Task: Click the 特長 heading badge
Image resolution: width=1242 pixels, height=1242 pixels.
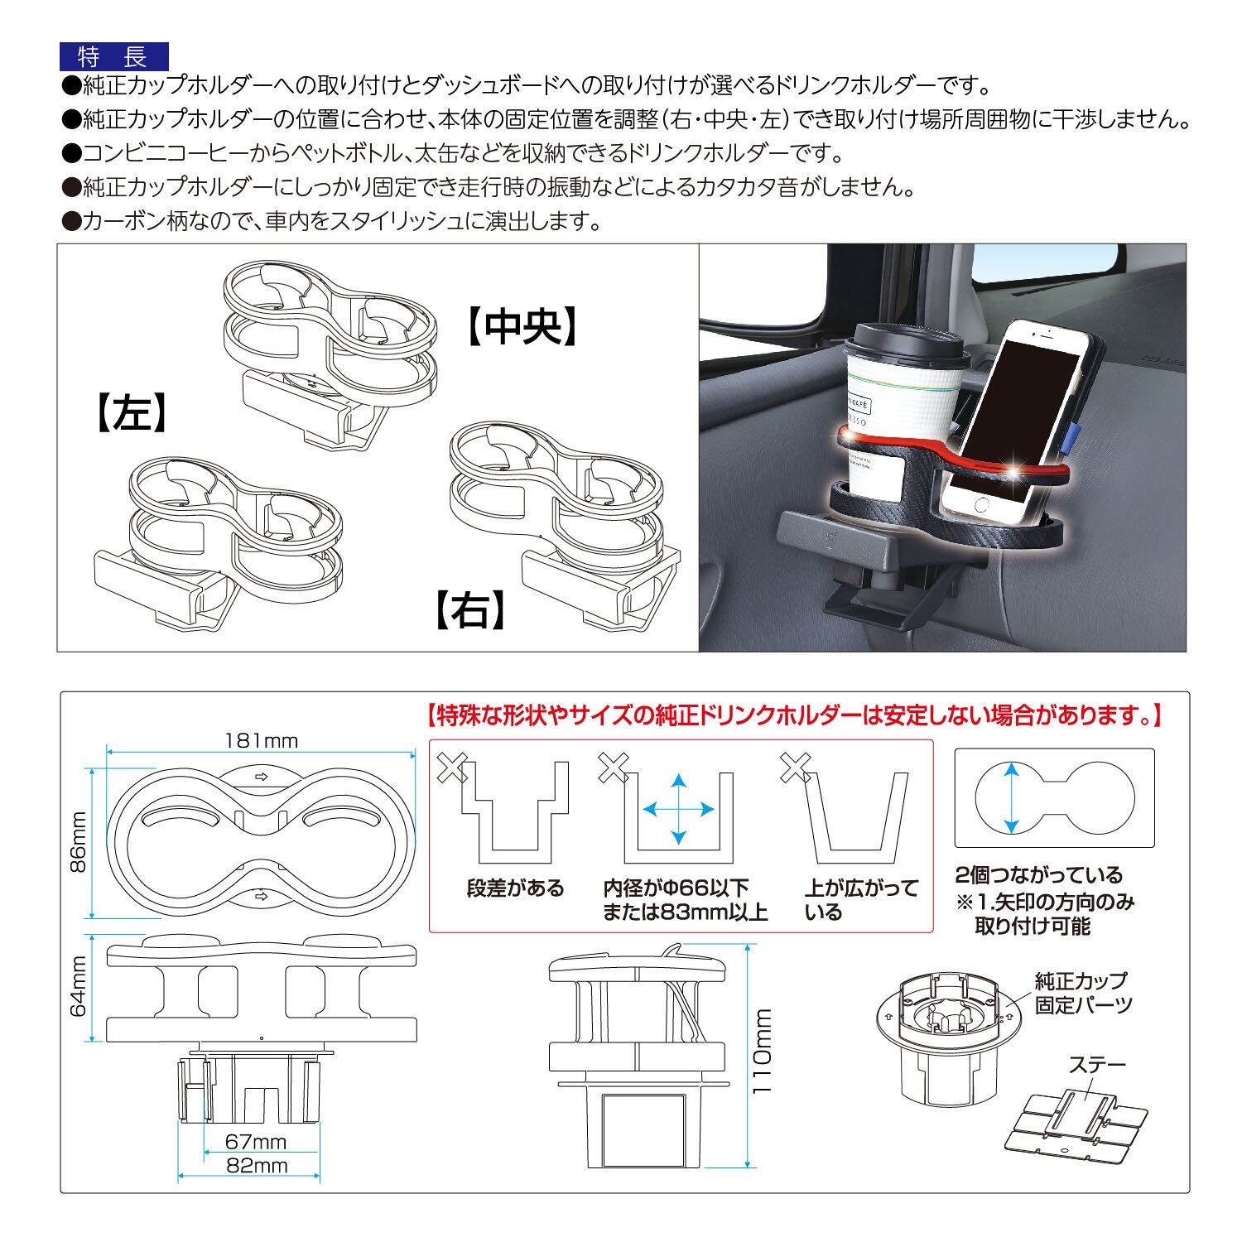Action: point(113,56)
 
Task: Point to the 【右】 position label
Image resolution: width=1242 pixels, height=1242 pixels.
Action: point(469,611)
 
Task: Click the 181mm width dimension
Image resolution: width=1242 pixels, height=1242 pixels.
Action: point(261,740)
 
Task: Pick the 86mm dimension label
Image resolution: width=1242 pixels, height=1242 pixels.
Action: point(78,842)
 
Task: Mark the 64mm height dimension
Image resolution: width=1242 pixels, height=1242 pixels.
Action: point(78,987)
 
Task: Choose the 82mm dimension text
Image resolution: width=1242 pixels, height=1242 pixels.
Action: point(256,1166)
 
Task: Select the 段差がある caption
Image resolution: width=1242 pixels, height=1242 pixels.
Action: point(514,889)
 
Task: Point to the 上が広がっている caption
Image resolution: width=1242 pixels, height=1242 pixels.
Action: point(861,900)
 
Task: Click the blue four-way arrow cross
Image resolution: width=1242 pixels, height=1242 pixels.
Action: point(679,808)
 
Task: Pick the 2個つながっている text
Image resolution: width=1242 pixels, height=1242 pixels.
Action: point(1038,875)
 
